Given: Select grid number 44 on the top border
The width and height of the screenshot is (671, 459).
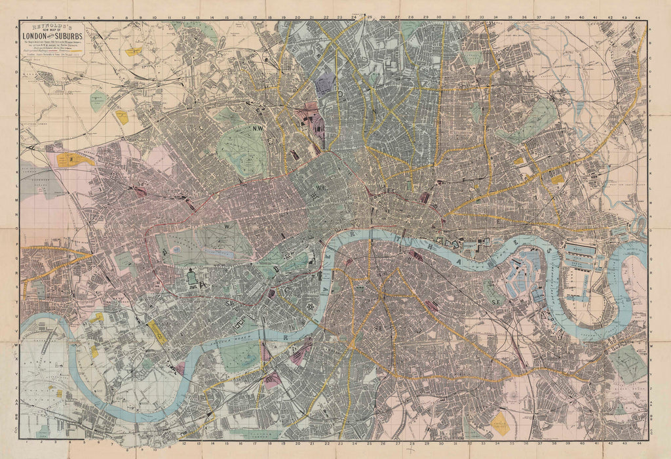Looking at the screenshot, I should tap(639, 16).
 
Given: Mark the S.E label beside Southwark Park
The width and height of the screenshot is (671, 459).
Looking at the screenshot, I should tap(493, 302).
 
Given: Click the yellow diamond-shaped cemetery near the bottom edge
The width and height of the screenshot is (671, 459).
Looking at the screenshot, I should tap(501, 424).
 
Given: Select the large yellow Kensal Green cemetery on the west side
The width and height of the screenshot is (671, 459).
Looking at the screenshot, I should tap(76, 159).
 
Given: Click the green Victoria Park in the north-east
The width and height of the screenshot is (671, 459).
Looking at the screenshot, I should tap(534, 121).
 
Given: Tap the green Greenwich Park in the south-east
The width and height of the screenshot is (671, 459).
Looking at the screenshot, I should tap(628, 364).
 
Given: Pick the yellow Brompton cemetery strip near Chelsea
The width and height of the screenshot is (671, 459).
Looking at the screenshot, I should tap(157, 332).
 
